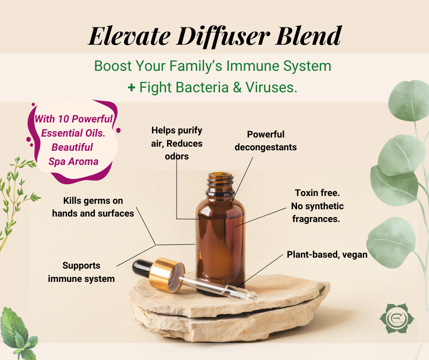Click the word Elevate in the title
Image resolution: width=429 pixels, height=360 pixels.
pos(130,36)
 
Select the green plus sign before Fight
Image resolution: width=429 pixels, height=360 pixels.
pos(131,87)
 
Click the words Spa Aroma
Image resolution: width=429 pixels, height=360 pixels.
pos(73,161)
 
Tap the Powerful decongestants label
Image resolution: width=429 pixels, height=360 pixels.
pos(266,141)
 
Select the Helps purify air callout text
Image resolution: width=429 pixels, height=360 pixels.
pos(177,143)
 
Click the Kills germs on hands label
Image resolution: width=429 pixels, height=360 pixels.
pos(93,207)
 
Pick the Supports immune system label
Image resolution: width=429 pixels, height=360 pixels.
pos(81,272)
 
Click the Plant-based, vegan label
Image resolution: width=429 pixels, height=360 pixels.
pos(327,254)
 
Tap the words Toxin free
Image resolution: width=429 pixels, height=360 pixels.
pos(317,193)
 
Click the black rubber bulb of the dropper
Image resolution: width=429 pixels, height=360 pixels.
pos(141,268)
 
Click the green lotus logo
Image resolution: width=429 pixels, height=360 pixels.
pos(397,318)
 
